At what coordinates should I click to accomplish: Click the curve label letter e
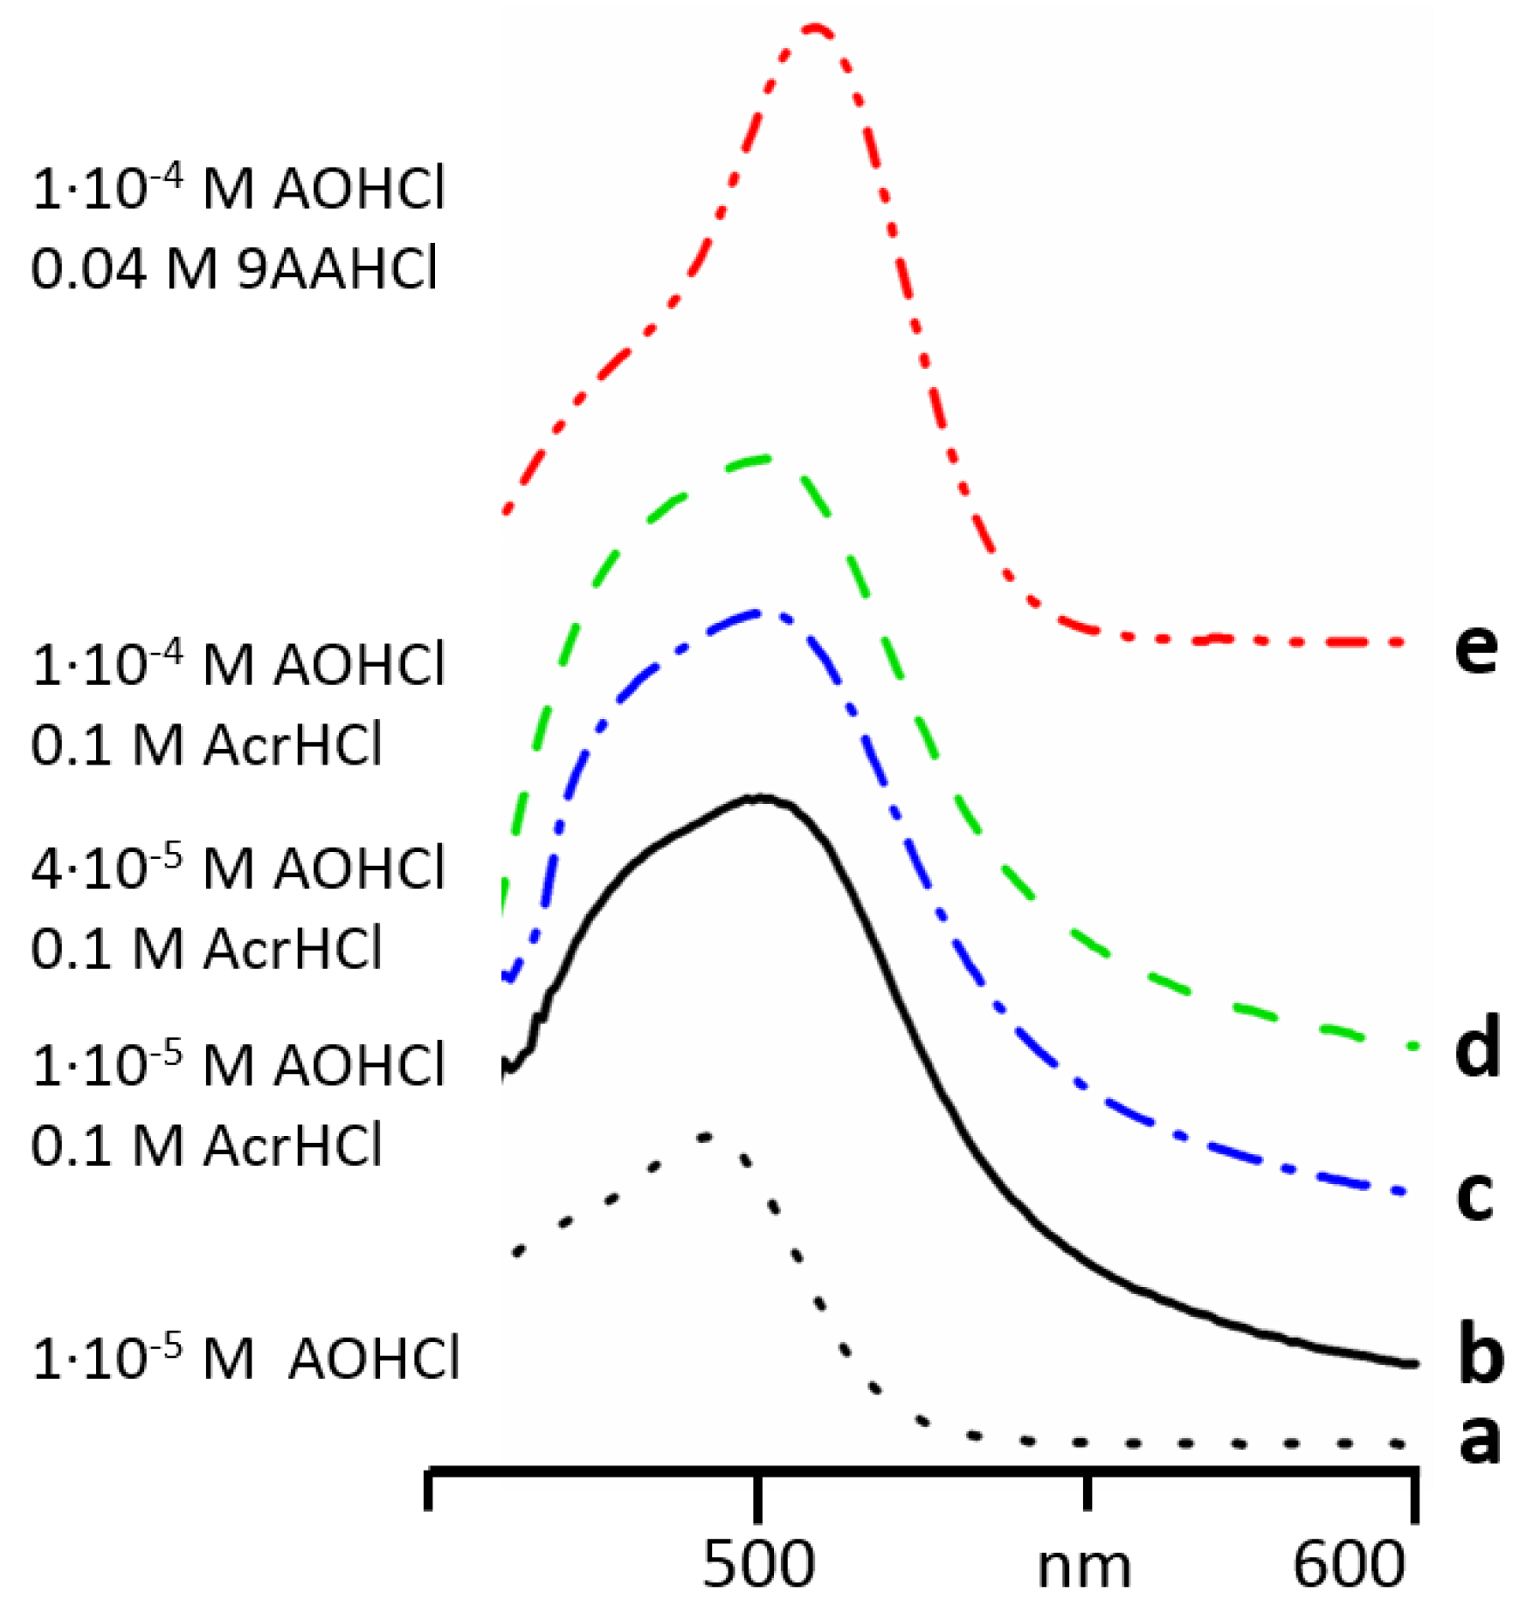[1475, 649]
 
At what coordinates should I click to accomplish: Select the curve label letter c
[1474, 1195]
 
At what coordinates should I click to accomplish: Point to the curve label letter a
[1479, 1438]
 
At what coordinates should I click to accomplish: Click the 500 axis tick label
[758, 1563]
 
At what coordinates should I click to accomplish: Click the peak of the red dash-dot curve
[815, 28]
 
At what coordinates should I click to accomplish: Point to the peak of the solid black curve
[762, 798]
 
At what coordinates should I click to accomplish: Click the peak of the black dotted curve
[706, 1136]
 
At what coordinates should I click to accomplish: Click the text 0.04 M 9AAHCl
[234, 268]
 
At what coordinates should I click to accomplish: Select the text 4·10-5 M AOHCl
[238, 869]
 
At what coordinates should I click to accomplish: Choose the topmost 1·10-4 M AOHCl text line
[238, 188]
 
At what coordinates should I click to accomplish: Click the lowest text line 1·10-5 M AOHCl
[245, 1359]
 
